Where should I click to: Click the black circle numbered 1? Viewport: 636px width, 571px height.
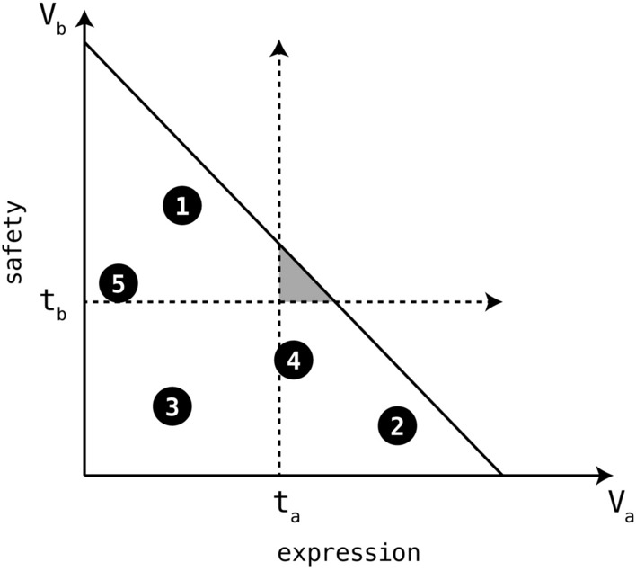click(x=182, y=206)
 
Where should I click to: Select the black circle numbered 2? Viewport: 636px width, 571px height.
click(x=397, y=425)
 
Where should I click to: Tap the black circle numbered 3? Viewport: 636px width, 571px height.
click(x=172, y=406)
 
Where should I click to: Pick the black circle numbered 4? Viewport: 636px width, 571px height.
click(x=294, y=360)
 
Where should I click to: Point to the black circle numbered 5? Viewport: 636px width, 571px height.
click(x=118, y=283)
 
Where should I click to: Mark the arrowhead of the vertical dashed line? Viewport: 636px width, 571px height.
click(x=279, y=47)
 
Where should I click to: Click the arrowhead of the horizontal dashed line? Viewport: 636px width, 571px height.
click(x=493, y=302)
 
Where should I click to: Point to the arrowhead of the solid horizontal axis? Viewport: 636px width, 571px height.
click(x=604, y=474)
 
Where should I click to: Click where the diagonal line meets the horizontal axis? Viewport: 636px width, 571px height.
click(x=500, y=474)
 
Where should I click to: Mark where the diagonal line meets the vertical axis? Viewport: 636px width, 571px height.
click(x=84, y=43)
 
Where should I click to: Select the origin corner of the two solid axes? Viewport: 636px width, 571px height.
click(x=84, y=474)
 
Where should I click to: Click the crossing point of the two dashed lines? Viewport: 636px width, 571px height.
click(x=279, y=302)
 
